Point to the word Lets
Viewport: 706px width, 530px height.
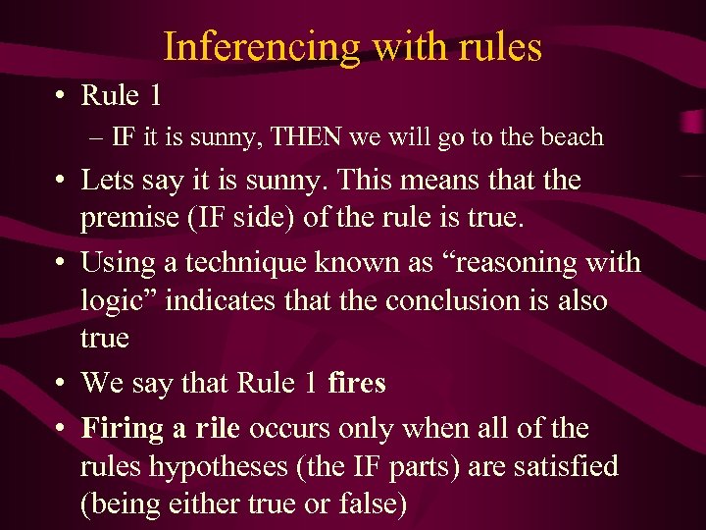click(107, 181)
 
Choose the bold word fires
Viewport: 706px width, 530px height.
click(357, 383)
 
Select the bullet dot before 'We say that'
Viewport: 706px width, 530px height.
click(61, 383)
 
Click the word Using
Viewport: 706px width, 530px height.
click(114, 263)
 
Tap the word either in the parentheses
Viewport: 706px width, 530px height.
click(200, 503)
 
